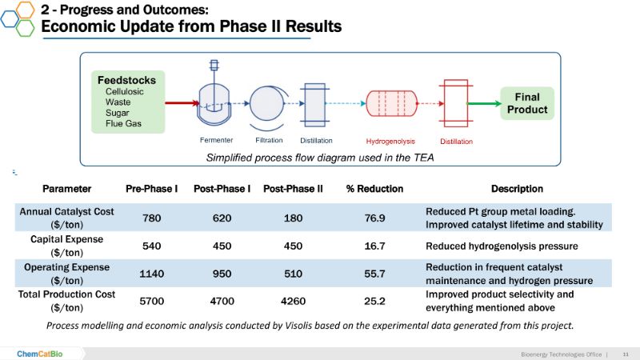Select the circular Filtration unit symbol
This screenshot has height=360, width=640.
[x=266, y=103]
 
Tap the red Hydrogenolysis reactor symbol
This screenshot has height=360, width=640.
[x=392, y=103]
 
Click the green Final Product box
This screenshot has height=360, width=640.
[x=527, y=103]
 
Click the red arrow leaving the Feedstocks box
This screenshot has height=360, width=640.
[x=182, y=102]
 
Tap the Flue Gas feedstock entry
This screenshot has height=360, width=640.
[x=124, y=124]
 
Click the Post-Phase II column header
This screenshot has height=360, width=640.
[x=292, y=189]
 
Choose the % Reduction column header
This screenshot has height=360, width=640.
[x=374, y=189]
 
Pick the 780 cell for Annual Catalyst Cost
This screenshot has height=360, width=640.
[x=151, y=218]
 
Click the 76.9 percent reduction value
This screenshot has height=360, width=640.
[x=374, y=218]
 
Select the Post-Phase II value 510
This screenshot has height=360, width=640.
[x=292, y=274]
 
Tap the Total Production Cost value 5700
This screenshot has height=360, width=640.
[x=151, y=302]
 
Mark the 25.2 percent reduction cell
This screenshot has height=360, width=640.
[x=374, y=302]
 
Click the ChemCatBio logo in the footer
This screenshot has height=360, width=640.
[x=39, y=353]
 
